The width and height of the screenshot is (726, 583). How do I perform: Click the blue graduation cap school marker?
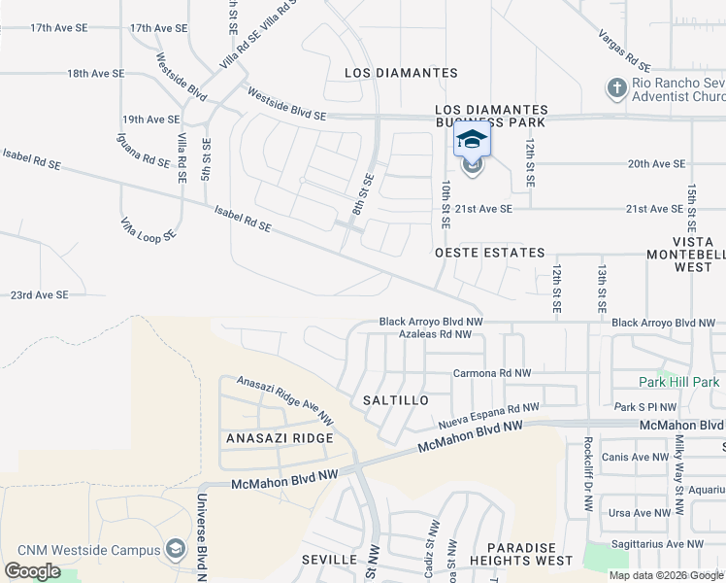[x=472, y=141]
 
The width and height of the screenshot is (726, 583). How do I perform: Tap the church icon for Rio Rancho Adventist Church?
[x=615, y=88]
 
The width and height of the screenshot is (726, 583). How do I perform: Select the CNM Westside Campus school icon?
[x=175, y=550]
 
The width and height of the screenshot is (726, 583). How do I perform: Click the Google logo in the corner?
[x=32, y=571]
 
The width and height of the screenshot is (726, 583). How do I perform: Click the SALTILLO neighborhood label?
[x=394, y=400]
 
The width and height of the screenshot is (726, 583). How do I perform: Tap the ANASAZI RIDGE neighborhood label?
[x=280, y=438]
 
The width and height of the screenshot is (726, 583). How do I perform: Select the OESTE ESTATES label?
[x=489, y=253]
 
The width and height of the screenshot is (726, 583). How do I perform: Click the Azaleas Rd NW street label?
[x=435, y=334]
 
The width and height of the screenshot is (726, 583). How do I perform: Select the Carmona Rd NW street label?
[x=492, y=373]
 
